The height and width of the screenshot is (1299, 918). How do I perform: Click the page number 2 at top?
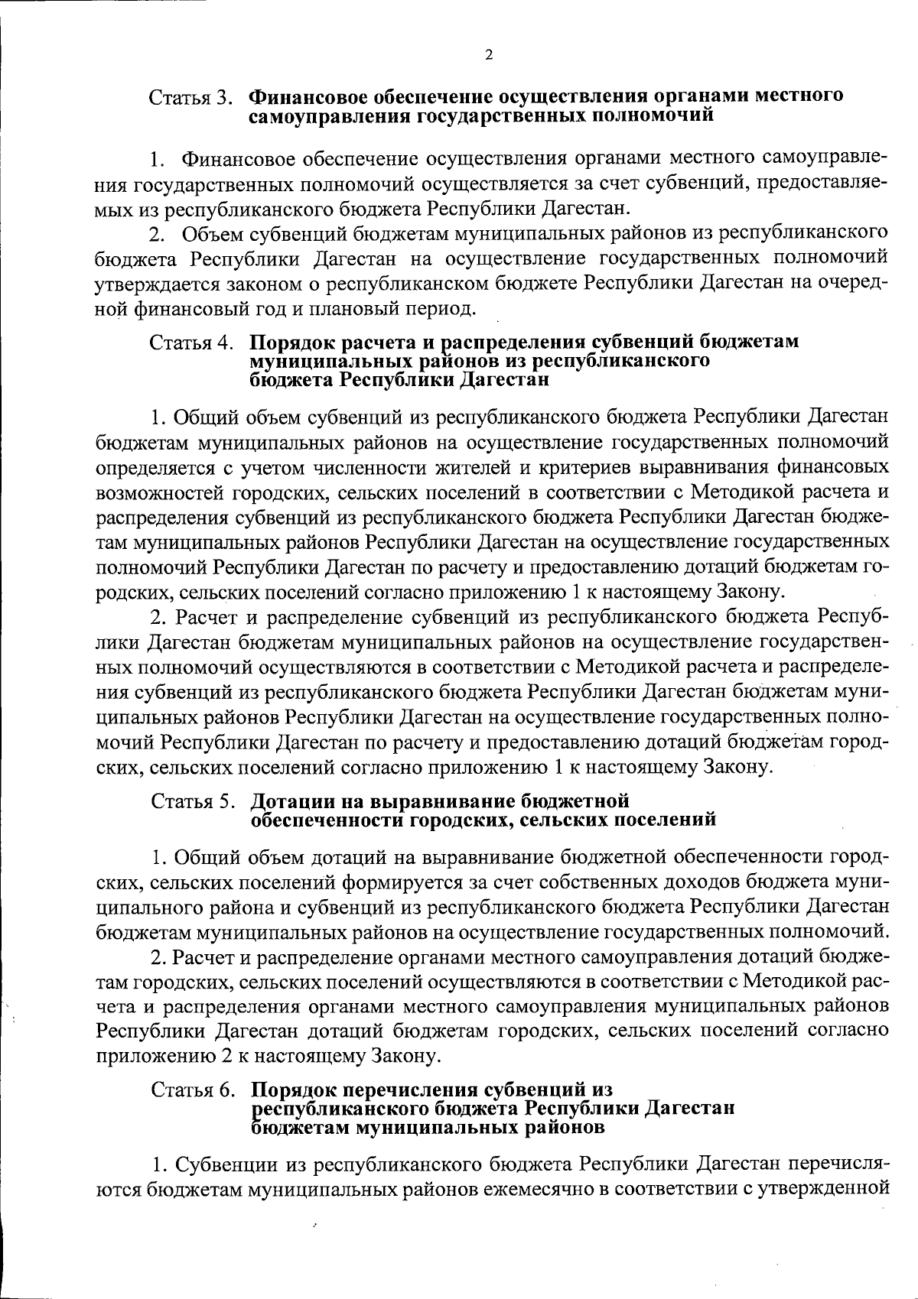[488, 55]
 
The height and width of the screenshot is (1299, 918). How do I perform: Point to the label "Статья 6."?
[193, 1090]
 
